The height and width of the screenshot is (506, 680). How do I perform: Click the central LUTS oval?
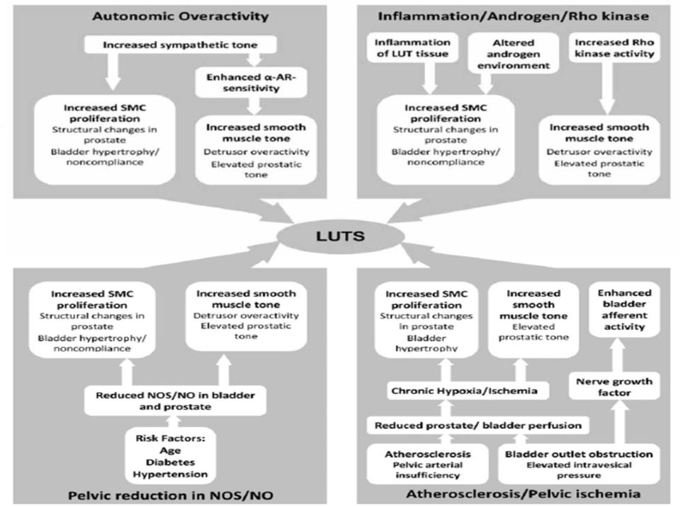click(341, 236)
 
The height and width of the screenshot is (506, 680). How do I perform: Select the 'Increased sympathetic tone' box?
click(181, 45)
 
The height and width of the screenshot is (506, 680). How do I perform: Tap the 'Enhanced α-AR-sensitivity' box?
click(251, 82)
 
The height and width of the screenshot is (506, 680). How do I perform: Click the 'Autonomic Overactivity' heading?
click(181, 16)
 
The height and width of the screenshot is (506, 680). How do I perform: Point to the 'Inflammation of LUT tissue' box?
click(412, 48)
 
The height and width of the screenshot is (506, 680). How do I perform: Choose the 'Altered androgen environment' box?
click(514, 54)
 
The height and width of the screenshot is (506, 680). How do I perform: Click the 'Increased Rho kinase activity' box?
click(615, 47)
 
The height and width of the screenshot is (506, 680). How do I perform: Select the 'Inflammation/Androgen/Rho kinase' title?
click(514, 16)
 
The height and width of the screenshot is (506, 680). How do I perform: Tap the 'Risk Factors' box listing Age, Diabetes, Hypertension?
click(170, 456)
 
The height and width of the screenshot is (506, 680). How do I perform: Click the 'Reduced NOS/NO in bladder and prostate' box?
click(175, 401)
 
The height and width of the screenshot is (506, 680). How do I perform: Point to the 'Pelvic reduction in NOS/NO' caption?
click(171, 495)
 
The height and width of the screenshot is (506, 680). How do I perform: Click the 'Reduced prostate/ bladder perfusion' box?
click(478, 425)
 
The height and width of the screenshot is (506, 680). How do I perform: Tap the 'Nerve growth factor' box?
click(614, 386)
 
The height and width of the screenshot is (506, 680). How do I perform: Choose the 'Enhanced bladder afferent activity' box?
click(625, 309)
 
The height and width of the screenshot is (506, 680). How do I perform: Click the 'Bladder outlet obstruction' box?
click(579, 464)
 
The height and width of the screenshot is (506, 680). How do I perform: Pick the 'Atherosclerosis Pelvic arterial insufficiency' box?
click(428, 464)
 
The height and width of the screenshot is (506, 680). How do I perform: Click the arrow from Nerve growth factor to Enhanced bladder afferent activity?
click(620, 355)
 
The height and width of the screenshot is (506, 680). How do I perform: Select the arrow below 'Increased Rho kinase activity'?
click(607, 88)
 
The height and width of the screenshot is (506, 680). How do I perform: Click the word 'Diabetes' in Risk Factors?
click(171, 462)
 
